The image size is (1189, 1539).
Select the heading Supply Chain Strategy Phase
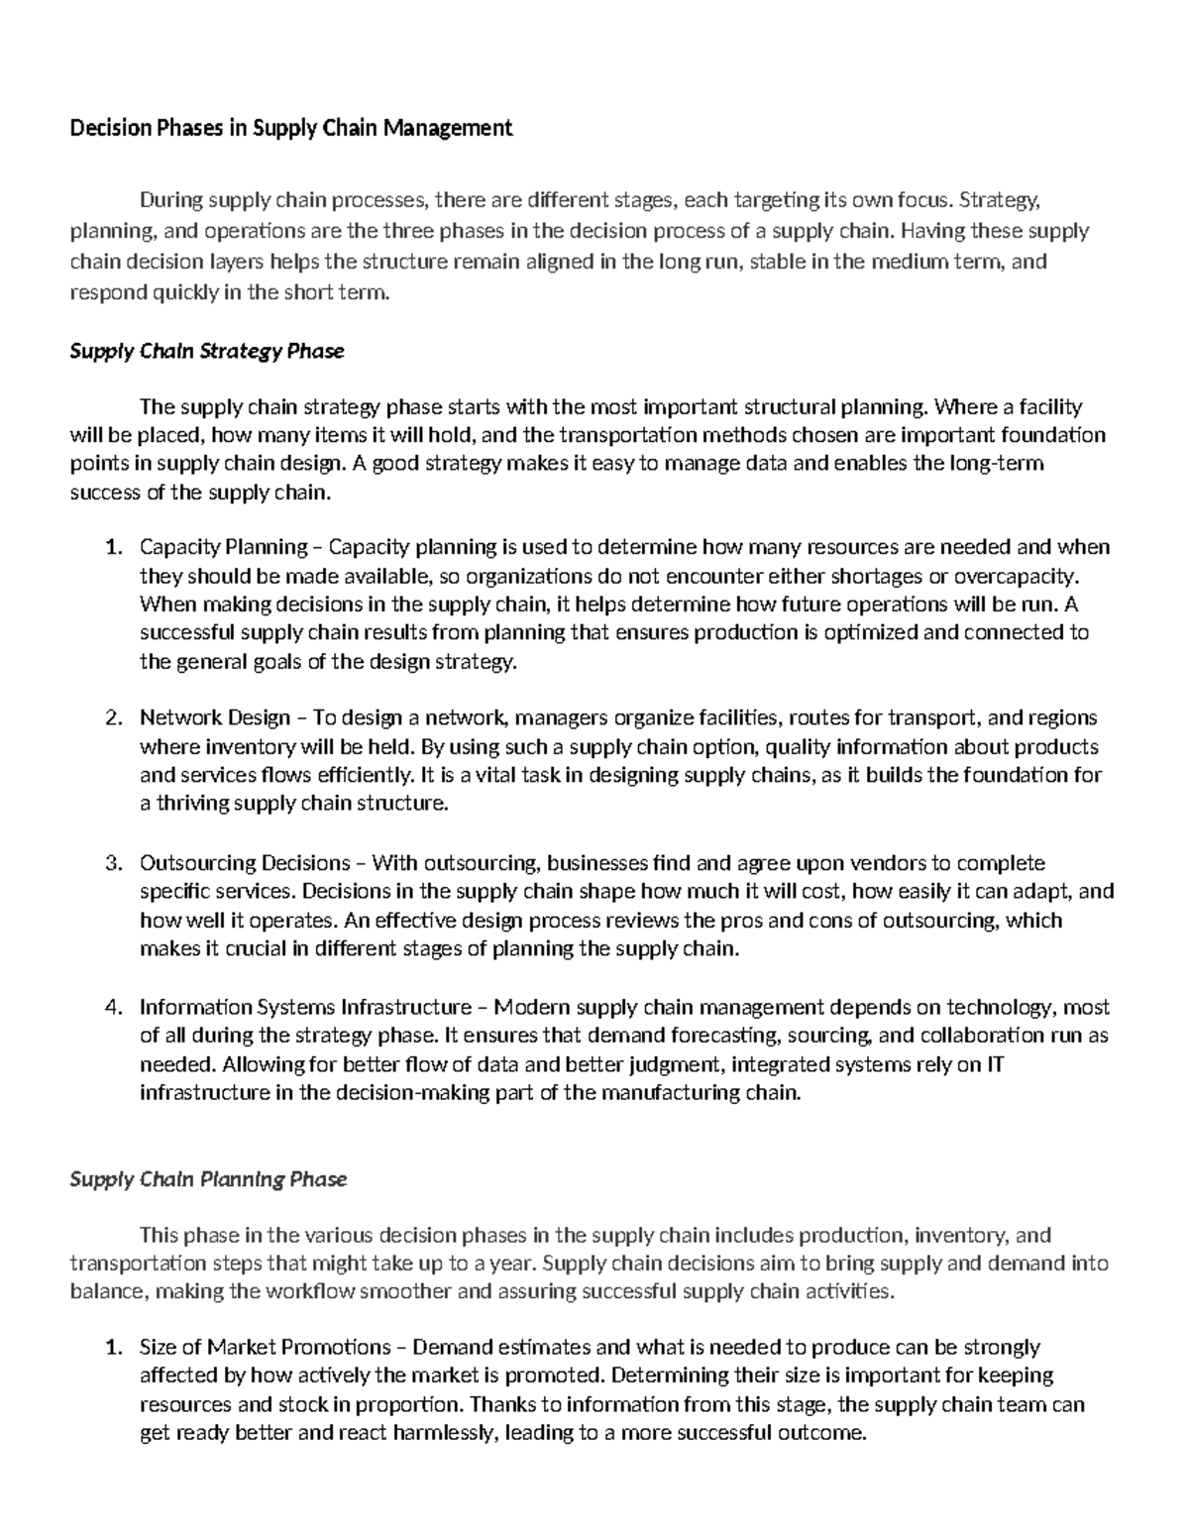pos(206,351)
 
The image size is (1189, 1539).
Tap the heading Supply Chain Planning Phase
pos(208,1179)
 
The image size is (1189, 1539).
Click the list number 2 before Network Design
pos(113,717)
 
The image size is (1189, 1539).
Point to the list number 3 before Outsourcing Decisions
pos(113,863)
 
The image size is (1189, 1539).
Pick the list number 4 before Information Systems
pos(113,1008)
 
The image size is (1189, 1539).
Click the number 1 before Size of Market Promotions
pos(113,1348)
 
